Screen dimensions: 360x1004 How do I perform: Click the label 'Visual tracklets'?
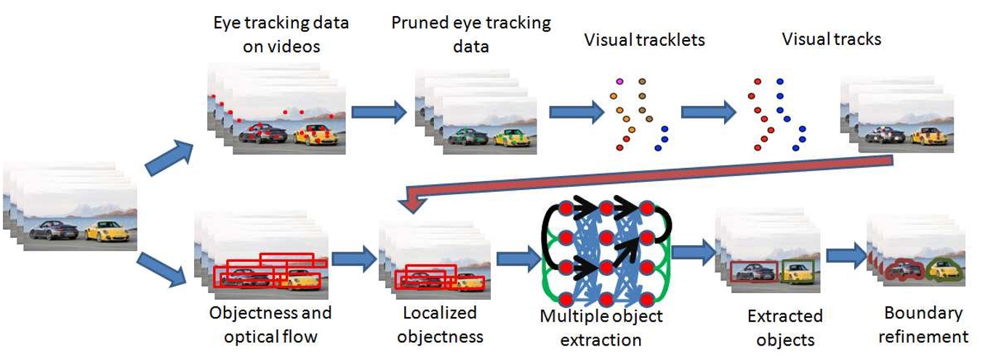tap(644, 40)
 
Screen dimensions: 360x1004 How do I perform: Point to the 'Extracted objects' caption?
tap(785, 327)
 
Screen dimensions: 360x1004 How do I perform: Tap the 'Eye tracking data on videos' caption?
tap(281, 34)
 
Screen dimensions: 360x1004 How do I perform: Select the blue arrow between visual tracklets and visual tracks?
tap(709, 112)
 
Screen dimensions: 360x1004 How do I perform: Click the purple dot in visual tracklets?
tap(619, 81)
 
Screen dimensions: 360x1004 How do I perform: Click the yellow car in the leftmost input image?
tap(107, 231)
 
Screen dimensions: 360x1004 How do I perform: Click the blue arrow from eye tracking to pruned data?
tap(379, 112)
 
